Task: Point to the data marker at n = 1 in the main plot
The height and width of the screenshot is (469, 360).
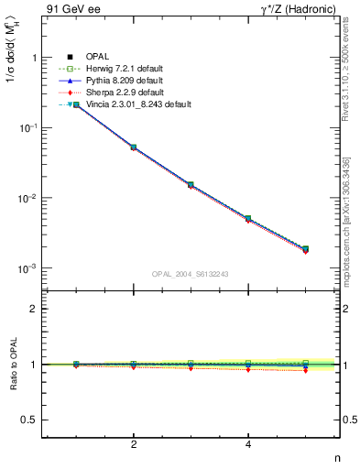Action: click(x=76, y=105)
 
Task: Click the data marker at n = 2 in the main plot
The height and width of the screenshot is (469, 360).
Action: click(x=134, y=147)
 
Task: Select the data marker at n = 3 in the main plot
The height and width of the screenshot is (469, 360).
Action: click(x=191, y=184)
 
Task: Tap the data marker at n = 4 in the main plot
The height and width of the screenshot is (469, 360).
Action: click(x=248, y=218)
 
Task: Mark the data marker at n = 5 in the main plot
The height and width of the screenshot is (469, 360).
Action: click(x=305, y=248)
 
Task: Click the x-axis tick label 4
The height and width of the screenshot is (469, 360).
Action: click(x=248, y=445)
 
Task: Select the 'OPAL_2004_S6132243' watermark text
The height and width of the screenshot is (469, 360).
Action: click(x=191, y=274)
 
